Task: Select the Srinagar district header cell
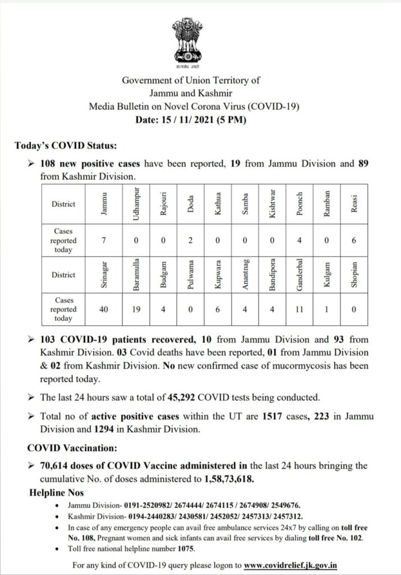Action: coord(104,276)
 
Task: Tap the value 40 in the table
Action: coord(104,309)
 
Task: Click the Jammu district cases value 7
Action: coord(104,240)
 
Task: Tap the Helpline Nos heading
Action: coord(57,492)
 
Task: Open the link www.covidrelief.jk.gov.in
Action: coord(294,564)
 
